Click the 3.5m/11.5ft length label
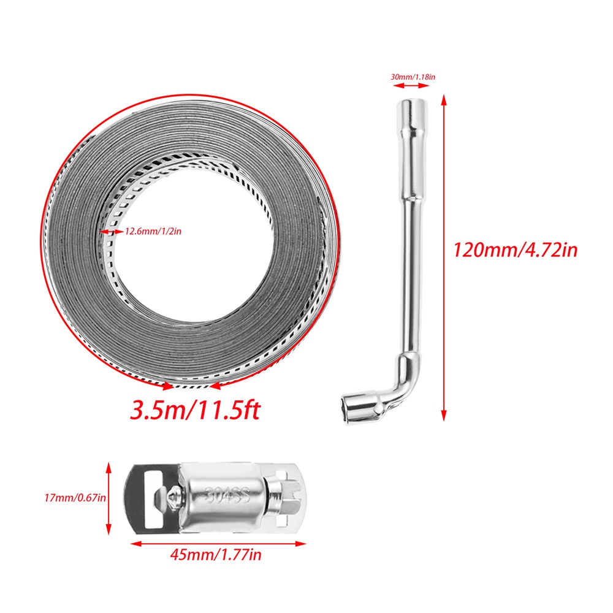click(x=195, y=410)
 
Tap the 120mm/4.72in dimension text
click(x=516, y=250)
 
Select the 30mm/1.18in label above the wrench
click(x=413, y=77)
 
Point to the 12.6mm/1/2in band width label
click(x=153, y=232)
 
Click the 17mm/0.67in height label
click(x=75, y=498)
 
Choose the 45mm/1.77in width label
click(x=216, y=555)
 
